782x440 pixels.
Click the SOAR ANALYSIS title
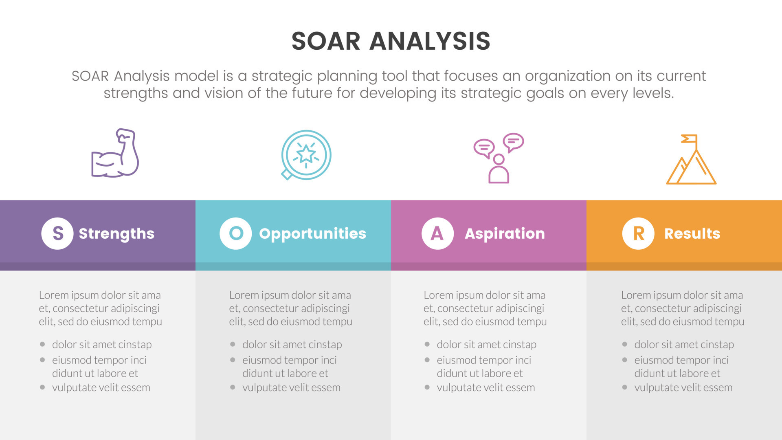coord(391,41)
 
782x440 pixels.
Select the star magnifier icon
coord(306,155)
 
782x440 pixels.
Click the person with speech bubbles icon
coord(499,158)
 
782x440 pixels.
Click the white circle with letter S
coord(57,233)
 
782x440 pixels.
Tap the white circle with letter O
coord(236,233)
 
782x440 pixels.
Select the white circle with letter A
coord(437,233)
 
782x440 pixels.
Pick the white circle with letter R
coord(638,233)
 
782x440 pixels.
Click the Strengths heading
coord(116,234)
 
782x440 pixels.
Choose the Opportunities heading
coord(312,234)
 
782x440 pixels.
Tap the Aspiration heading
coord(505,234)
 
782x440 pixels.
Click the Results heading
coord(692,234)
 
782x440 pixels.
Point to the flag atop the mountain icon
coord(689,139)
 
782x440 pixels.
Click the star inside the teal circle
coord(306,154)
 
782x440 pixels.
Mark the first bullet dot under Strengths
coord(42,344)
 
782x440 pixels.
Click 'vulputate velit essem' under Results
coord(683,387)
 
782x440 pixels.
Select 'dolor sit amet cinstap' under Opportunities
coord(292,345)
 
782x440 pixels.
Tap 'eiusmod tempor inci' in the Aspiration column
coord(484,360)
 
